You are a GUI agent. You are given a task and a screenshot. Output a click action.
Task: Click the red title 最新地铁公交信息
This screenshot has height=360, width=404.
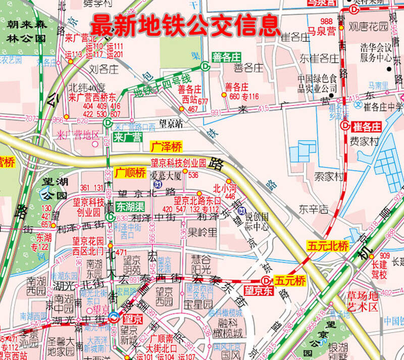coord(185,24)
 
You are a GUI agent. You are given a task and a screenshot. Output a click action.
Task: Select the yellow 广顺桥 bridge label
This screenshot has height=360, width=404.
coord(130,173)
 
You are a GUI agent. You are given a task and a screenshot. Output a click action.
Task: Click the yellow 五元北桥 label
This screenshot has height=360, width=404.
coord(328,246)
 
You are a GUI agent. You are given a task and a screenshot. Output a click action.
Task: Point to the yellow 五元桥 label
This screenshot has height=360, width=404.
coord(290,280)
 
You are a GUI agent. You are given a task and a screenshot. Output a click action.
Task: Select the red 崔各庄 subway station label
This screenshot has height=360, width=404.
coord(367,126)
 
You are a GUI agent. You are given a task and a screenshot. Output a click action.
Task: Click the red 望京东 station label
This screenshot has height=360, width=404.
coord(258,291)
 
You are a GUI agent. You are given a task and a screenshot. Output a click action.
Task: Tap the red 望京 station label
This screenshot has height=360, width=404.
coord(132,318)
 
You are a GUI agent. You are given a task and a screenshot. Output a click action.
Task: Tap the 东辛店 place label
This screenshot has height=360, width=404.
coord(313,208)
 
